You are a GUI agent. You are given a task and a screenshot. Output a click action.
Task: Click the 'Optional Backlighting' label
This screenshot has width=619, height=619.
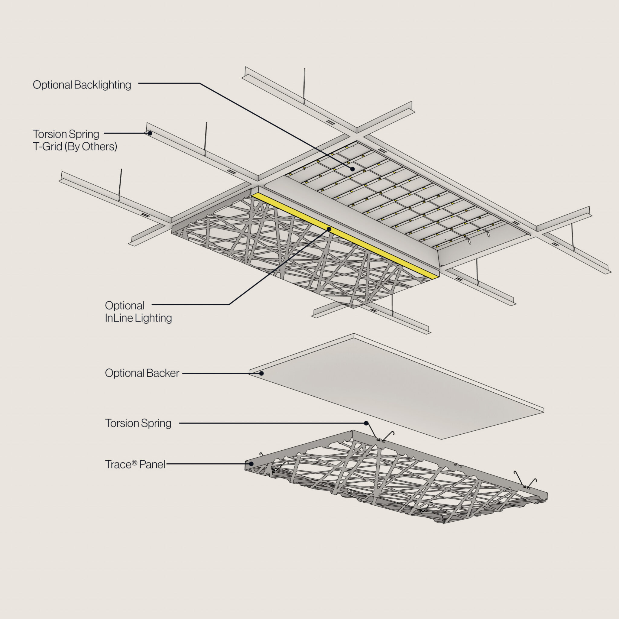click(x=82, y=85)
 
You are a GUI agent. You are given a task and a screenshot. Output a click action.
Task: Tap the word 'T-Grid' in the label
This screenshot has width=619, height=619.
click(x=47, y=147)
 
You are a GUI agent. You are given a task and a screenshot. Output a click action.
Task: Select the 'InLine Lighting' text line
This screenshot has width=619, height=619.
click(x=138, y=318)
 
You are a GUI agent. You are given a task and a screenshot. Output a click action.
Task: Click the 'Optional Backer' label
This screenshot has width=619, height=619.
click(x=142, y=373)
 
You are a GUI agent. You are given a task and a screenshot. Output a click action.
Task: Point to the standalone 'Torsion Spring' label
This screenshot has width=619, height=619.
click(x=138, y=423)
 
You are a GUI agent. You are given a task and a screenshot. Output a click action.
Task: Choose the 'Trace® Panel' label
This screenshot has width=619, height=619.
click(x=135, y=464)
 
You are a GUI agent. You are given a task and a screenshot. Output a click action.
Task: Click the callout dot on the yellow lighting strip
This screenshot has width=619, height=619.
click(x=329, y=229)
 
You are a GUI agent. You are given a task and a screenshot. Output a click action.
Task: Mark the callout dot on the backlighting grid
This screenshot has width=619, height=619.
click(x=352, y=169)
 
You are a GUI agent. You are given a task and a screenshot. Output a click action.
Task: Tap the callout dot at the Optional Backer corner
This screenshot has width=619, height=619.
click(x=261, y=373)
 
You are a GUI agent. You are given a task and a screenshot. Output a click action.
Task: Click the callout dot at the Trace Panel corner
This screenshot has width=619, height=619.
click(x=251, y=464)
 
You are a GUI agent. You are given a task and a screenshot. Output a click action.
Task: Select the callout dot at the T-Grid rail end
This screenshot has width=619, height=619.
click(x=150, y=133)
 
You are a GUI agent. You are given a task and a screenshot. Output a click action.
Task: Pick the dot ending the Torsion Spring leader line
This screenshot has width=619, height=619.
click(x=366, y=423)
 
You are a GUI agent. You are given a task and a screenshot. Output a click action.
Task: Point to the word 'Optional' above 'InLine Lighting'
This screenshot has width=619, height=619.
click(x=125, y=306)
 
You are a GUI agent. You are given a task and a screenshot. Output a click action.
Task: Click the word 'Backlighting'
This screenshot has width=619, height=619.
click(x=102, y=85)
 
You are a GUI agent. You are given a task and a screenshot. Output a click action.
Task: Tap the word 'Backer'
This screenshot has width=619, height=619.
click(x=163, y=373)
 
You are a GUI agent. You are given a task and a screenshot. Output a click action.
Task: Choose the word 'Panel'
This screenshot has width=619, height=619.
click(x=152, y=464)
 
